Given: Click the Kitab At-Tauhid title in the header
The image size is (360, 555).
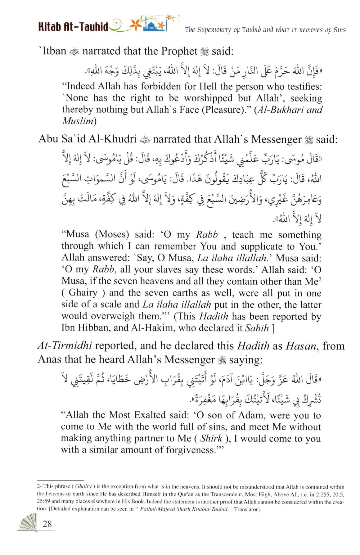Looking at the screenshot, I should tap(73, 27).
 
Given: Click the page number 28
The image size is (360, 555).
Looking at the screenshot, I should tap(47, 524).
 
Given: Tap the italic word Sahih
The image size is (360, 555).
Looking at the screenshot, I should tap(257, 328).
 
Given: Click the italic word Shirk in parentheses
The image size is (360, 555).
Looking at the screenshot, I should tap(211, 438).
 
